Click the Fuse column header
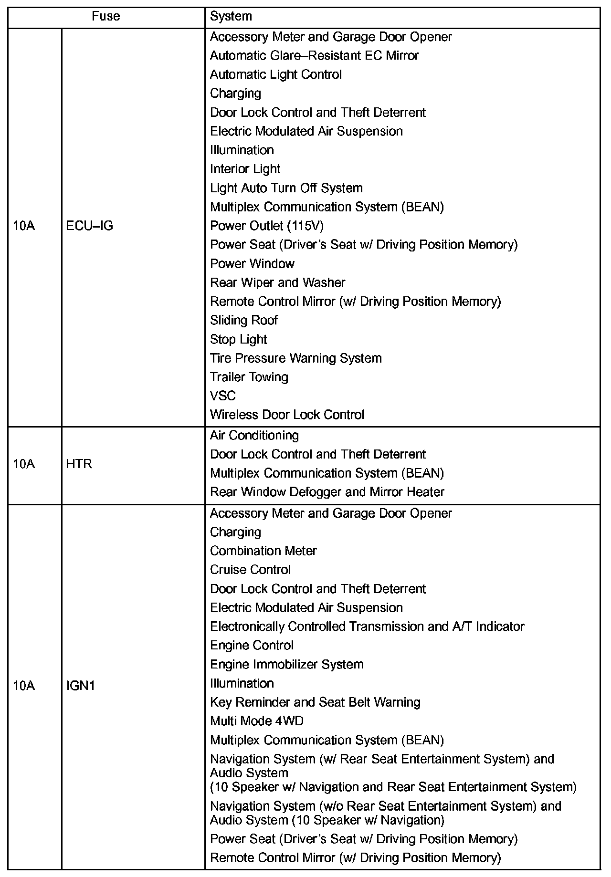(105, 17)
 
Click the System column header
(231, 17)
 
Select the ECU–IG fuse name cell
(90, 226)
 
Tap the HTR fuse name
(79, 464)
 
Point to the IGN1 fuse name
(81, 686)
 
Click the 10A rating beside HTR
(24, 464)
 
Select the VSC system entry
(222, 396)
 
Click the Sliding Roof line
(243, 320)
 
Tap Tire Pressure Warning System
(295, 358)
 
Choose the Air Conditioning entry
(254, 435)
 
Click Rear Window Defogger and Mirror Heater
(327, 492)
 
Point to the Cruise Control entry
(250, 570)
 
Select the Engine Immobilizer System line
(286, 664)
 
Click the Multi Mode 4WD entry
(256, 721)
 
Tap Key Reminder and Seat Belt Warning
(315, 702)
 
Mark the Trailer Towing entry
(249, 377)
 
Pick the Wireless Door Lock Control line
(287, 415)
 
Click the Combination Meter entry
(263, 551)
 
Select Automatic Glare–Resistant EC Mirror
(314, 55)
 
